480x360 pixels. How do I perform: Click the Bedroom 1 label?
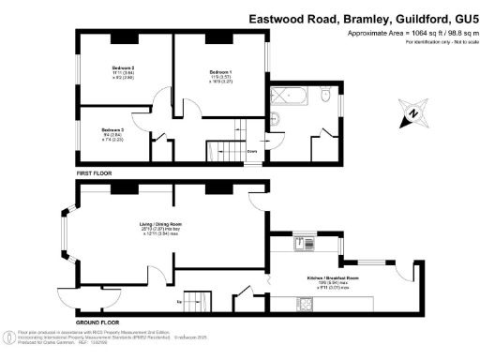point(220,71)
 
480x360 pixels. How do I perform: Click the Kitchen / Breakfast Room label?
point(330,278)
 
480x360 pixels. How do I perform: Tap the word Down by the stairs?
point(252,150)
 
